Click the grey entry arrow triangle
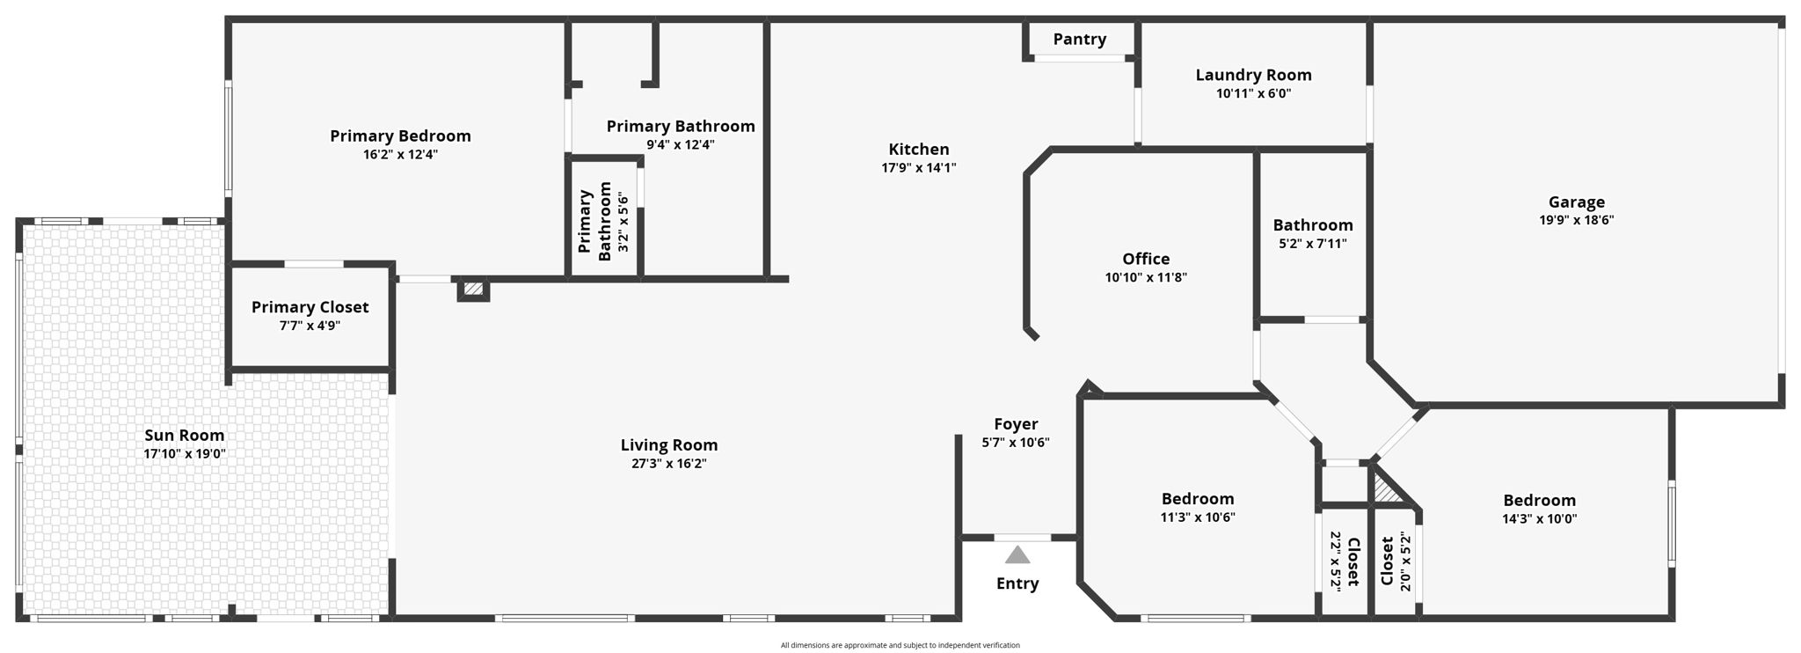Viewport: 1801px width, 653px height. (1017, 555)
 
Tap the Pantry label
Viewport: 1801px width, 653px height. (1079, 39)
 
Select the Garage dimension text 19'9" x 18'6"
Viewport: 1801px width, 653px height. (1576, 221)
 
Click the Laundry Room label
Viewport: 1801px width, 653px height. (1253, 75)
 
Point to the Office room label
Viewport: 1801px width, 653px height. (1146, 259)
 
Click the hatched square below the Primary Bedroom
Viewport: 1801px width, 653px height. (473, 289)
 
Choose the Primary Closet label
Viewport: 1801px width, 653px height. (310, 307)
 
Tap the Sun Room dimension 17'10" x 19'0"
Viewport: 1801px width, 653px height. (185, 454)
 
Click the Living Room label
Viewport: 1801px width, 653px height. (668, 445)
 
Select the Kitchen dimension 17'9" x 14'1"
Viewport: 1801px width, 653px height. (918, 168)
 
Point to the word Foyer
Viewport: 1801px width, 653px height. (1016, 424)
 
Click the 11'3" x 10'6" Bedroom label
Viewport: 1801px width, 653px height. (1197, 499)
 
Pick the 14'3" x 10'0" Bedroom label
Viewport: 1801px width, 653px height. (1539, 501)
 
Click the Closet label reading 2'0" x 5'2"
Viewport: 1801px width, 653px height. (1395, 561)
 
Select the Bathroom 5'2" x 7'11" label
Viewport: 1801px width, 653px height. (1312, 225)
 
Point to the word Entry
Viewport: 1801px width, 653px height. (1017, 583)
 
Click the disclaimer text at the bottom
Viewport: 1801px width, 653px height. (900, 645)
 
